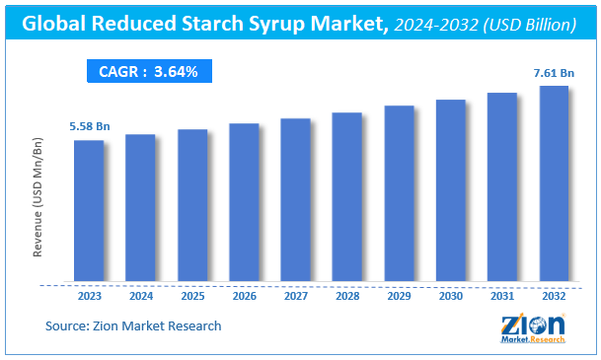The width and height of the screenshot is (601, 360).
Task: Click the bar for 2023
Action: point(89,210)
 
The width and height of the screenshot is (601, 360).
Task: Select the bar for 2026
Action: point(244,202)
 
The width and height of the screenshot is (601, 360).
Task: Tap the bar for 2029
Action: point(399,193)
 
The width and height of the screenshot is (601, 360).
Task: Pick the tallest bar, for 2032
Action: point(554,183)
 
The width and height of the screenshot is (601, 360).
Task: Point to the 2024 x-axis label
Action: point(140,295)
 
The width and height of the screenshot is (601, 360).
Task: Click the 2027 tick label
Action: point(295,295)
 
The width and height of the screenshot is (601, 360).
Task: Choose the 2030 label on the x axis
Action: point(450,295)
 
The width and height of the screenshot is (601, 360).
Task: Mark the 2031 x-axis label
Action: point(502,295)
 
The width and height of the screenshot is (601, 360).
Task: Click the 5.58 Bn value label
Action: point(89,126)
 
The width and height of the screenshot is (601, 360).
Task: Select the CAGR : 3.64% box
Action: point(148,71)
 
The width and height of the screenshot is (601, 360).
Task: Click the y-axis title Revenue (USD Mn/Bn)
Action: point(38,198)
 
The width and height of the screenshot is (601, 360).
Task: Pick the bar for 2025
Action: point(192,205)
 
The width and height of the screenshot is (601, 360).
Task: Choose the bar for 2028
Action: point(347,196)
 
